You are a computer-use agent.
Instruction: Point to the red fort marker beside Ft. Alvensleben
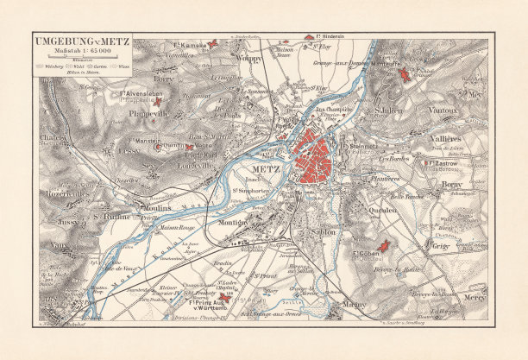click(157, 101)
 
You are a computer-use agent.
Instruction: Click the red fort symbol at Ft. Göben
click(384, 247)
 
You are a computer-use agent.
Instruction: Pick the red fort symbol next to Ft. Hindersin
click(309, 37)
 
